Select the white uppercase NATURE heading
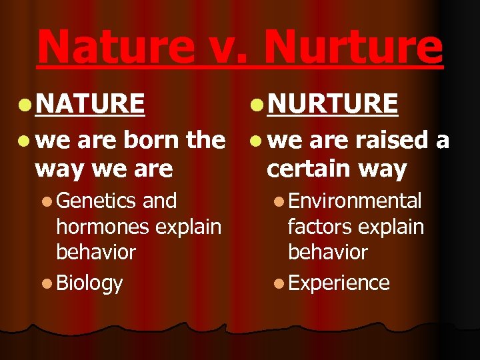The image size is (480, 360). (x=90, y=103)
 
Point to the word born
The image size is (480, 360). (x=153, y=140)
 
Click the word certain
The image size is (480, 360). (x=306, y=169)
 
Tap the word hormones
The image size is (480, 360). (x=99, y=227)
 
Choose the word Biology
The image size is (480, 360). (x=89, y=283)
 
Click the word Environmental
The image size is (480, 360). (x=355, y=201)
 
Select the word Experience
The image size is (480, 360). (x=339, y=283)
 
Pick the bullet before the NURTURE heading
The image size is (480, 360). (x=257, y=104)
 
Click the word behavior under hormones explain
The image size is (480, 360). (x=96, y=253)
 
